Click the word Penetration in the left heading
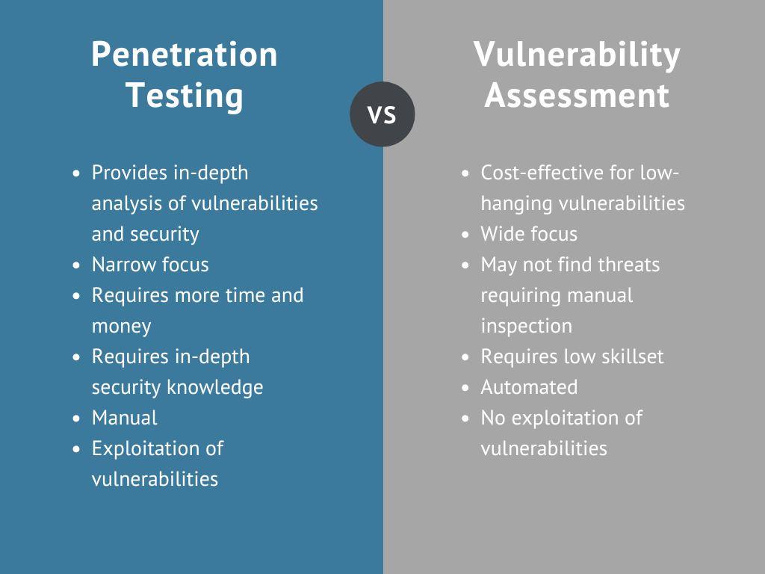[x=184, y=55]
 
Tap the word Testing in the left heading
[x=184, y=96]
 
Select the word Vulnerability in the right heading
[x=577, y=55]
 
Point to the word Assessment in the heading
[x=577, y=96]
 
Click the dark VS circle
[x=382, y=114]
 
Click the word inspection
[x=526, y=326]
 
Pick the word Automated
[x=529, y=387]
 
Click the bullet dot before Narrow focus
[x=78, y=265]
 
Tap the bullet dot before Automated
[x=466, y=388]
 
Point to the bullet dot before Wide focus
[x=466, y=235]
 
